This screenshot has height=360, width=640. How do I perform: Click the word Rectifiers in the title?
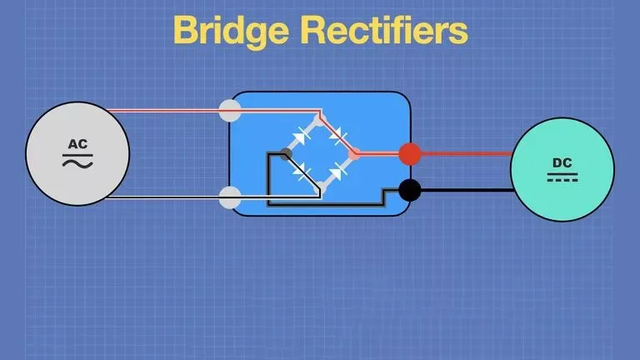(384, 29)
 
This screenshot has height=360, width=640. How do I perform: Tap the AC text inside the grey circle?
(77, 144)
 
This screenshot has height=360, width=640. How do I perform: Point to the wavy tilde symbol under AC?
(77, 163)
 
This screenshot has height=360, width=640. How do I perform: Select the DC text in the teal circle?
(562, 162)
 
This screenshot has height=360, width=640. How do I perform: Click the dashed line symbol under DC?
(562, 180)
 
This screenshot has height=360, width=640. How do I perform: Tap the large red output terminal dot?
(410, 154)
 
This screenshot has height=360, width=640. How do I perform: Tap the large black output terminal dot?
(410, 190)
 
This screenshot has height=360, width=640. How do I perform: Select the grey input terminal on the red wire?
(230, 110)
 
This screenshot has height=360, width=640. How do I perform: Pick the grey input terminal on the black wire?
(230, 197)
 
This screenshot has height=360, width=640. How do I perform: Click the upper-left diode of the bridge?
(301, 136)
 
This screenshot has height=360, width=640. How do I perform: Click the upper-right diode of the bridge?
(338, 136)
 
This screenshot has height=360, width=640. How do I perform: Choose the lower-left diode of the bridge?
(302, 171)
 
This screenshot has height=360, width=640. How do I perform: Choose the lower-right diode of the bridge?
(337, 171)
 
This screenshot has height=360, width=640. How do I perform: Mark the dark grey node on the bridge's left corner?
(286, 154)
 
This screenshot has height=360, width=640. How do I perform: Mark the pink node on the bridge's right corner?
(354, 154)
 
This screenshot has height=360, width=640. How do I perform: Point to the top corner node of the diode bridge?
(320, 120)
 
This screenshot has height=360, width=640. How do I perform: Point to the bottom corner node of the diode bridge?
(321, 187)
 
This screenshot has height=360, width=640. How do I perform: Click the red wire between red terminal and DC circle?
(466, 154)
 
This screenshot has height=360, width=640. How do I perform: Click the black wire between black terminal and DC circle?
(467, 190)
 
